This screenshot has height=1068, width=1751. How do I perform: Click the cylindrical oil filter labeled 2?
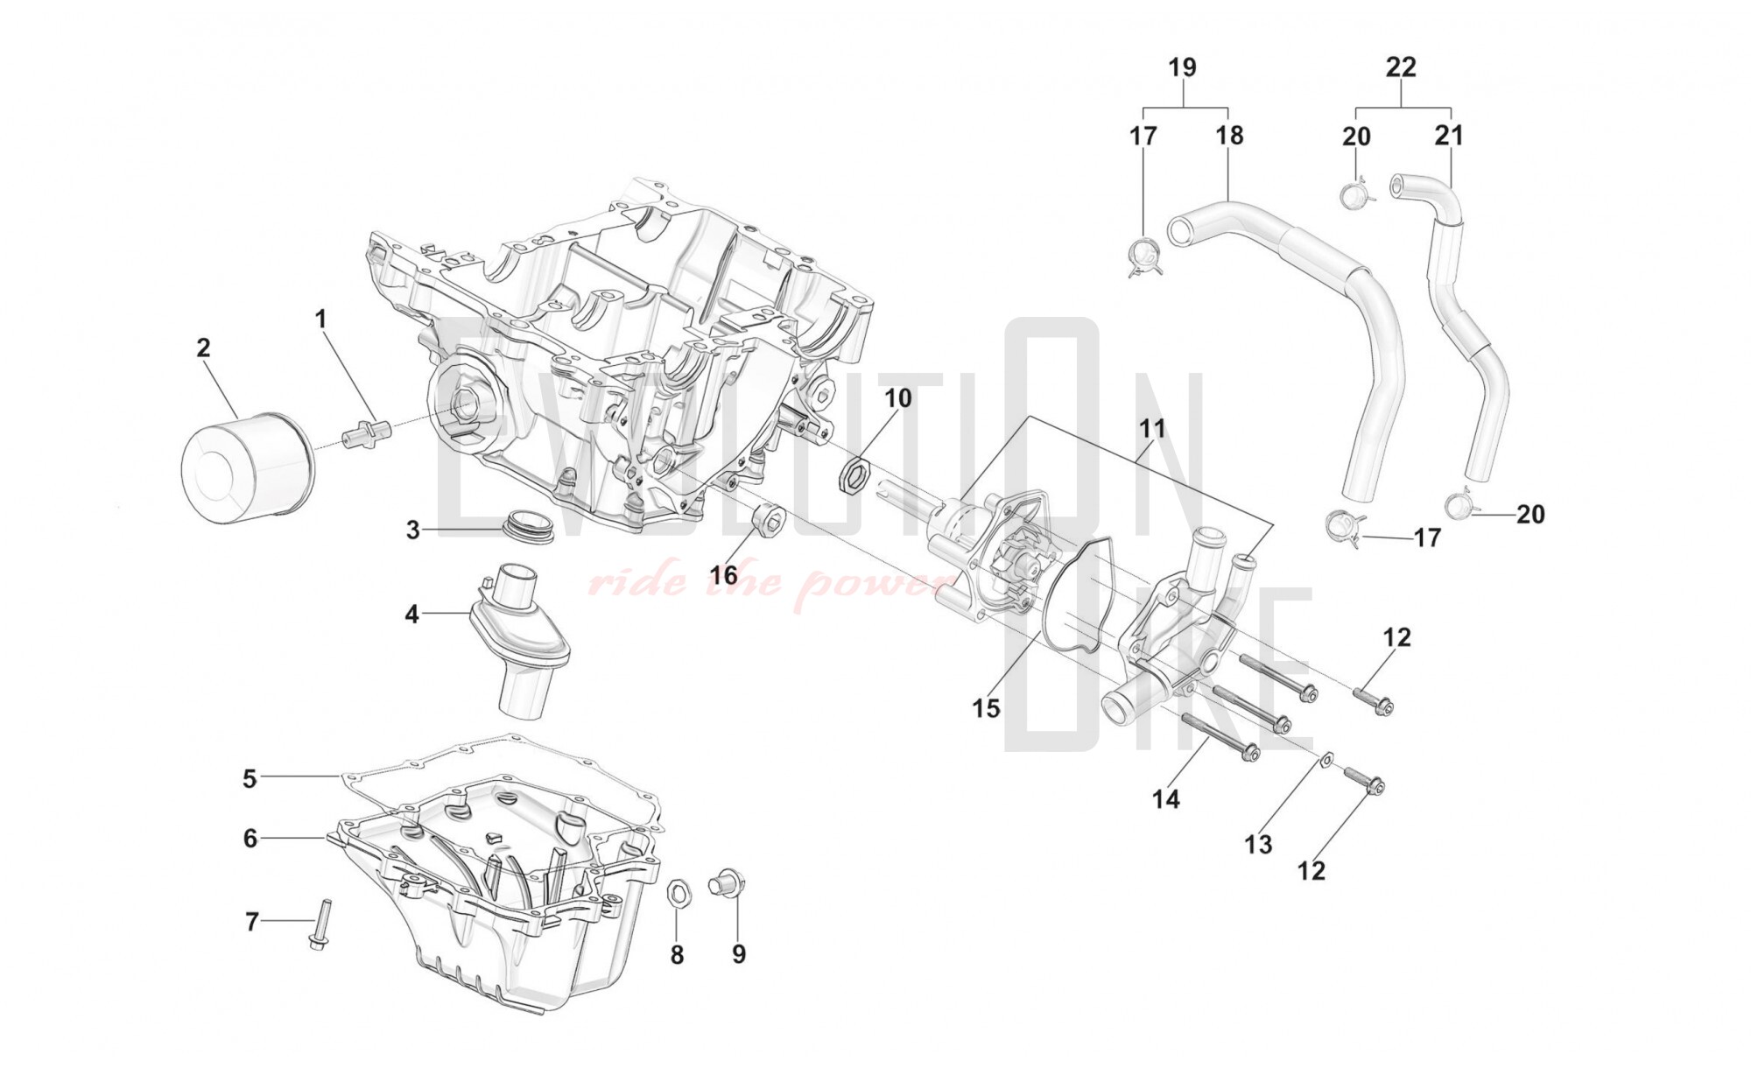[243, 468]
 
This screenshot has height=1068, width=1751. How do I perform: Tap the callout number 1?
[320, 320]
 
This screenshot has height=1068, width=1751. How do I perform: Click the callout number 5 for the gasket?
[250, 778]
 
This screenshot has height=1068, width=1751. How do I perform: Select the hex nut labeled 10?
[855, 473]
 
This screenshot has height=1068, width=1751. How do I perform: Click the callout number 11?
[1152, 429]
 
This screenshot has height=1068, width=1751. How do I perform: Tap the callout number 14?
[1166, 798]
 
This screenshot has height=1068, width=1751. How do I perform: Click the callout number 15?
[987, 708]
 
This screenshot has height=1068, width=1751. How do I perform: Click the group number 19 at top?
[1182, 67]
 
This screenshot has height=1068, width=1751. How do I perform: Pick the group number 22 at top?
[1401, 67]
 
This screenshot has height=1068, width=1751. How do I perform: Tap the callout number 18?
[1229, 136]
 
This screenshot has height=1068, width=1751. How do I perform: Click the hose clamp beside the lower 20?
[1459, 505]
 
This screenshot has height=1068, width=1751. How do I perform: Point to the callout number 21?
[1449, 136]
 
